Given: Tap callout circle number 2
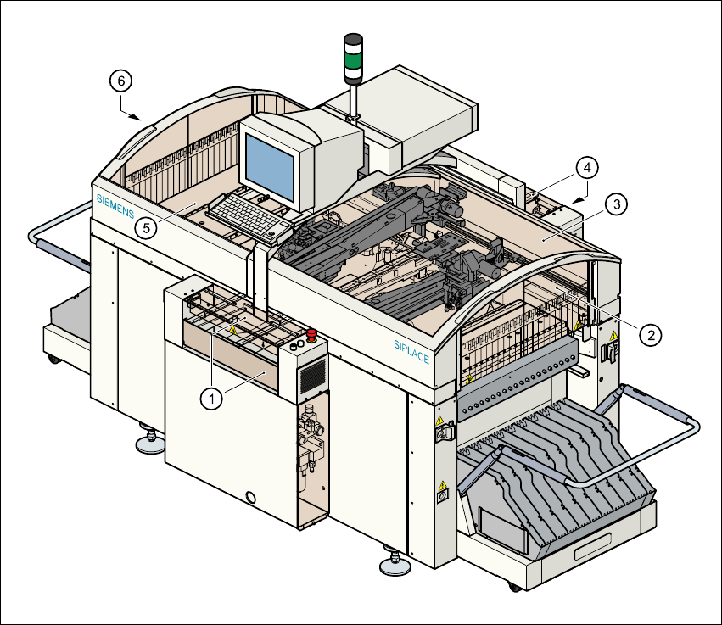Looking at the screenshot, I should click(x=651, y=335).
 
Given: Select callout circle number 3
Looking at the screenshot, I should click(x=617, y=204).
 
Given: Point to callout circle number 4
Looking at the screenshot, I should click(x=585, y=167).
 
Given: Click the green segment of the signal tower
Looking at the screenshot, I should click(x=353, y=59).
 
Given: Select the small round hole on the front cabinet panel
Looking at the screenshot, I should click(x=249, y=496).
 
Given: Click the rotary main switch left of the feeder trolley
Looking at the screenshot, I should click(x=440, y=433).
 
